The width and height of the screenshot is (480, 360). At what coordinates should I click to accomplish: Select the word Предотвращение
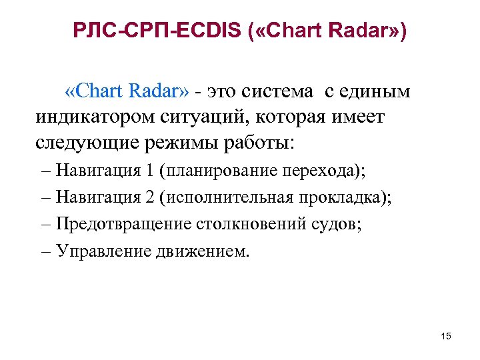coord(123,223)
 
